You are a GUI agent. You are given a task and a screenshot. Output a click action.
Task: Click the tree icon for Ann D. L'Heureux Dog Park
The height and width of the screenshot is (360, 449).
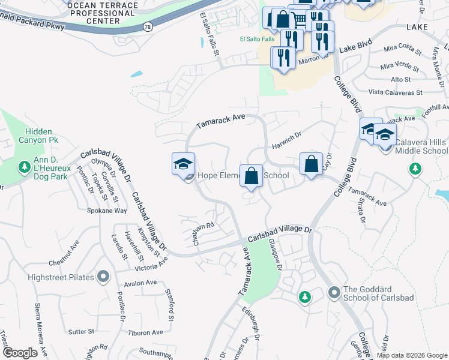(25, 166)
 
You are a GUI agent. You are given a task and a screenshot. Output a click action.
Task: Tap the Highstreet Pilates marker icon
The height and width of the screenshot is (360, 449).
(103, 277)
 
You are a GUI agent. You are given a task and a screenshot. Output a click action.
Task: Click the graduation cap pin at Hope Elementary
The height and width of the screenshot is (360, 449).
(183, 164)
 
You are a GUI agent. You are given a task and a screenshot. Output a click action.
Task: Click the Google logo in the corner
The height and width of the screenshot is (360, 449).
(20, 353)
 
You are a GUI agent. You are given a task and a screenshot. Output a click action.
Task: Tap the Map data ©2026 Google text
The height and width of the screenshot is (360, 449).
(412, 355)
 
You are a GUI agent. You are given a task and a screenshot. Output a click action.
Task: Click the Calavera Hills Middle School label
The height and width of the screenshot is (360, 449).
(421, 146)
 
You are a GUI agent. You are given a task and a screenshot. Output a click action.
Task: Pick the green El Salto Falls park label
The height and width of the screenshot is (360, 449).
(253, 40)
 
